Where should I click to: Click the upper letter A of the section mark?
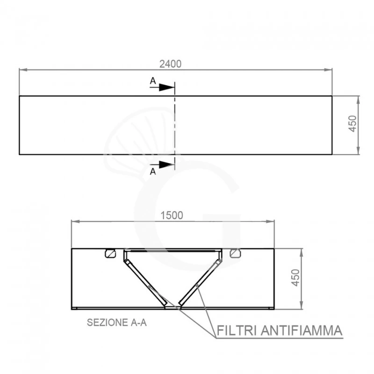point(152,81)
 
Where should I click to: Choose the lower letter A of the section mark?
point(152,172)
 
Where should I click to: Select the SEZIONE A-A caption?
point(117,323)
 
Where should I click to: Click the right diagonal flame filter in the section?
point(199,280)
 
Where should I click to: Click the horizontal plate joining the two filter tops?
point(172,251)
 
